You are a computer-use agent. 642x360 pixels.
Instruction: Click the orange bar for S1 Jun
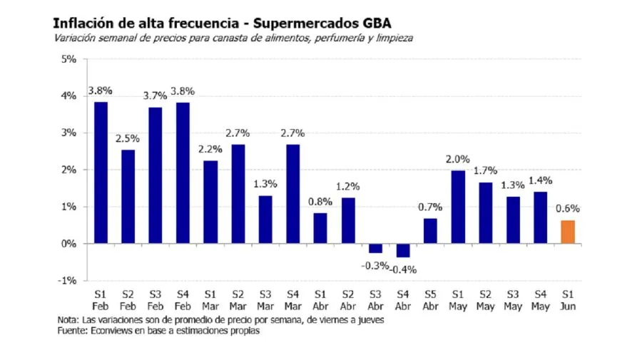(567, 232)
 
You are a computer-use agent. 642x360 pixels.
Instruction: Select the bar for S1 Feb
(100, 173)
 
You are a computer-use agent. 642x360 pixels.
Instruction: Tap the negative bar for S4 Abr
(403, 250)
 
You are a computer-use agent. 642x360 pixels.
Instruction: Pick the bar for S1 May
(458, 207)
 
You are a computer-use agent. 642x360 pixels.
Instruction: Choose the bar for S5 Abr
(430, 230)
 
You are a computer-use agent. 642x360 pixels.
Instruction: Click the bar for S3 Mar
(265, 220)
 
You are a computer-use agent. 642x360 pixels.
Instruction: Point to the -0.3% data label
(376, 265)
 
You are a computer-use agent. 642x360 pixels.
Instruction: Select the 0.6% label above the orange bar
(567, 209)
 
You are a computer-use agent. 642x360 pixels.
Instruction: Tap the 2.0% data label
(458, 159)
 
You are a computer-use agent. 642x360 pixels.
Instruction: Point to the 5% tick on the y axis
(68, 59)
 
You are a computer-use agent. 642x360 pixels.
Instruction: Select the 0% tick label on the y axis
(68, 244)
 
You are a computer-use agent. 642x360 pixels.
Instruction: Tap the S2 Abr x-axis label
(347, 300)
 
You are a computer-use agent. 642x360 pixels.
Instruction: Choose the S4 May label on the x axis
(539, 300)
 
